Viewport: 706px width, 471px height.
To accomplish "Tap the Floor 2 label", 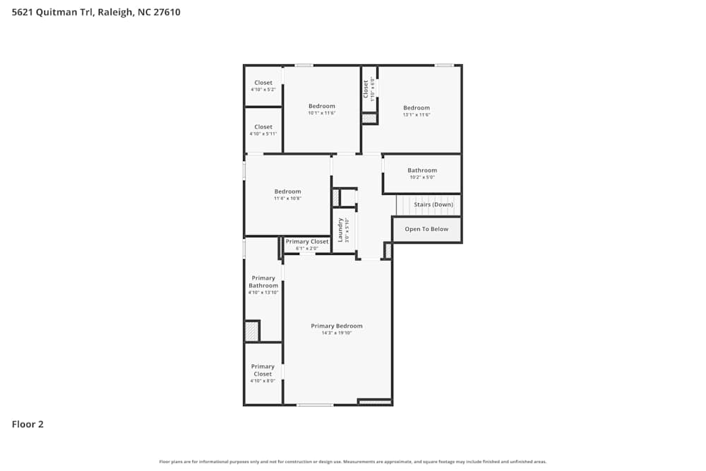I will coord(28,424).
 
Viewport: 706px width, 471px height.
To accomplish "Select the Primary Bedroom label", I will coord(337,326).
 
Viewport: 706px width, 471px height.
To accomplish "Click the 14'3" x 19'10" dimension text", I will coord(337,333).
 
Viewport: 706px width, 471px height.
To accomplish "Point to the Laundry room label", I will coord(340,229).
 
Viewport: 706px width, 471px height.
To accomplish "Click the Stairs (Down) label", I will coord(433,205).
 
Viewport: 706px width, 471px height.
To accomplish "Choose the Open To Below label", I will coord(426,229).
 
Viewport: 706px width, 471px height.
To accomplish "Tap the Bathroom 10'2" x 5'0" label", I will coord(422,170).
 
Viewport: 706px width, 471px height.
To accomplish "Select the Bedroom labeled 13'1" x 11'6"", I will coord(417,108).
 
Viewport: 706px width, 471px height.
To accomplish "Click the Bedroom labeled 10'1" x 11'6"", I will coord(322,106).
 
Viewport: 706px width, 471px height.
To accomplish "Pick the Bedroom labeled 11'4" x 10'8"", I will coord(287,191).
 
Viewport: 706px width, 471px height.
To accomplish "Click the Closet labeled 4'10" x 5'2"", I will coord(263,83).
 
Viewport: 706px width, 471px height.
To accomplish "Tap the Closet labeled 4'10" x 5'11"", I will coord(263,127).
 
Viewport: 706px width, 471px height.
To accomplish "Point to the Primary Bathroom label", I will coord(263,282).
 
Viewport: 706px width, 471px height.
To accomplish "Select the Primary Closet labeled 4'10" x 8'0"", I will coord(263,370).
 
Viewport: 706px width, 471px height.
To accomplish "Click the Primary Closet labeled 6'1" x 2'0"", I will coord(307,242).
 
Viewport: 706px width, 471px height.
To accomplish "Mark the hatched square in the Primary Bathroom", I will coord(251,331).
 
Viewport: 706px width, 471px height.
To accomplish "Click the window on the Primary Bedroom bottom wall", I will coord(315,405).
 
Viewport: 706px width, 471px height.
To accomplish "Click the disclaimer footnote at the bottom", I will coord(353,461).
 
